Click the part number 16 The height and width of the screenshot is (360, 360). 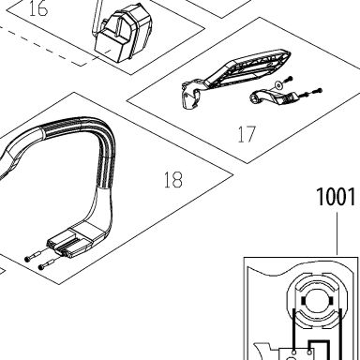pyautogui.click(x=38, y=8)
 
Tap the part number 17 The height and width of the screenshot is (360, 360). pyautogui.click(x=247, y=134)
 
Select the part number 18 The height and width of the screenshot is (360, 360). pyautogui.click(x=173, y=180)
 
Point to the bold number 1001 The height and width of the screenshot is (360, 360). pyautogui.click(x=336, y=197)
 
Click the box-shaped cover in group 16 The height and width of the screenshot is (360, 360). pyautogui.click(x=125, y=35)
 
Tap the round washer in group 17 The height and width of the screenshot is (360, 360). pyautogui.click(x=277, y=85)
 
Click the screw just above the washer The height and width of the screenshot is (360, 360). pyautogui.click(x=288, y=79)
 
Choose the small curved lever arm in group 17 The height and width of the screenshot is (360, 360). pyautogui.click(x=273, y=97)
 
